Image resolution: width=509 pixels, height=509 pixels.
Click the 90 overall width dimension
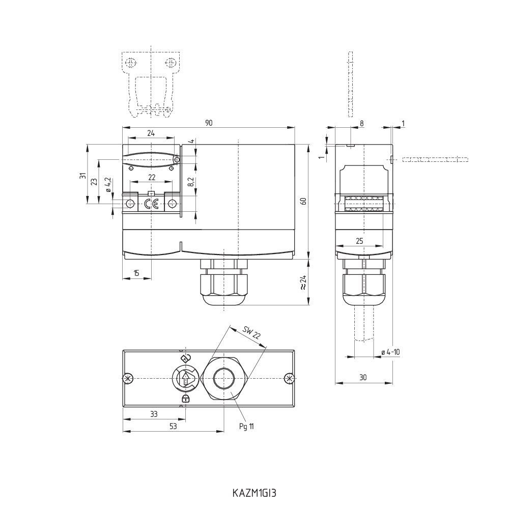coord(209,123)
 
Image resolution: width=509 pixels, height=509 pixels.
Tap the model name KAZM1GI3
coord(254,493)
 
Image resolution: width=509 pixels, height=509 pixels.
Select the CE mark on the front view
coord(151,204)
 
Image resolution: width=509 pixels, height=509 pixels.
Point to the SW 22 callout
coord(251,334)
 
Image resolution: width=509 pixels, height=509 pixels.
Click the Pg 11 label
coord(246,426)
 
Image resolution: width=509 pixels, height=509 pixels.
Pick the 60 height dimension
coord(303,201)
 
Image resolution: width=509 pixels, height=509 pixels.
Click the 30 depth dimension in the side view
coord(363,377)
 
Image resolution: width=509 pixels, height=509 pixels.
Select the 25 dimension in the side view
coord(359,241)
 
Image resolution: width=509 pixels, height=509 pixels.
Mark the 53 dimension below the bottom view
coord(173,427)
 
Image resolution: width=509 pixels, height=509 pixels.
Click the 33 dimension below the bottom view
coord(154,414)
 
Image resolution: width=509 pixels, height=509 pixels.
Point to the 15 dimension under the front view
coord(136,273)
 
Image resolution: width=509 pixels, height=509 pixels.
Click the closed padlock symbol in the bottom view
coord(186,399)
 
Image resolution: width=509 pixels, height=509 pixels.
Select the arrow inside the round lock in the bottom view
coord(186,379)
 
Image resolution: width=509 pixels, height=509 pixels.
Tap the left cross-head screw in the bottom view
coord(128,378)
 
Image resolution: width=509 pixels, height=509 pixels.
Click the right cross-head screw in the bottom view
coord(289,378)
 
